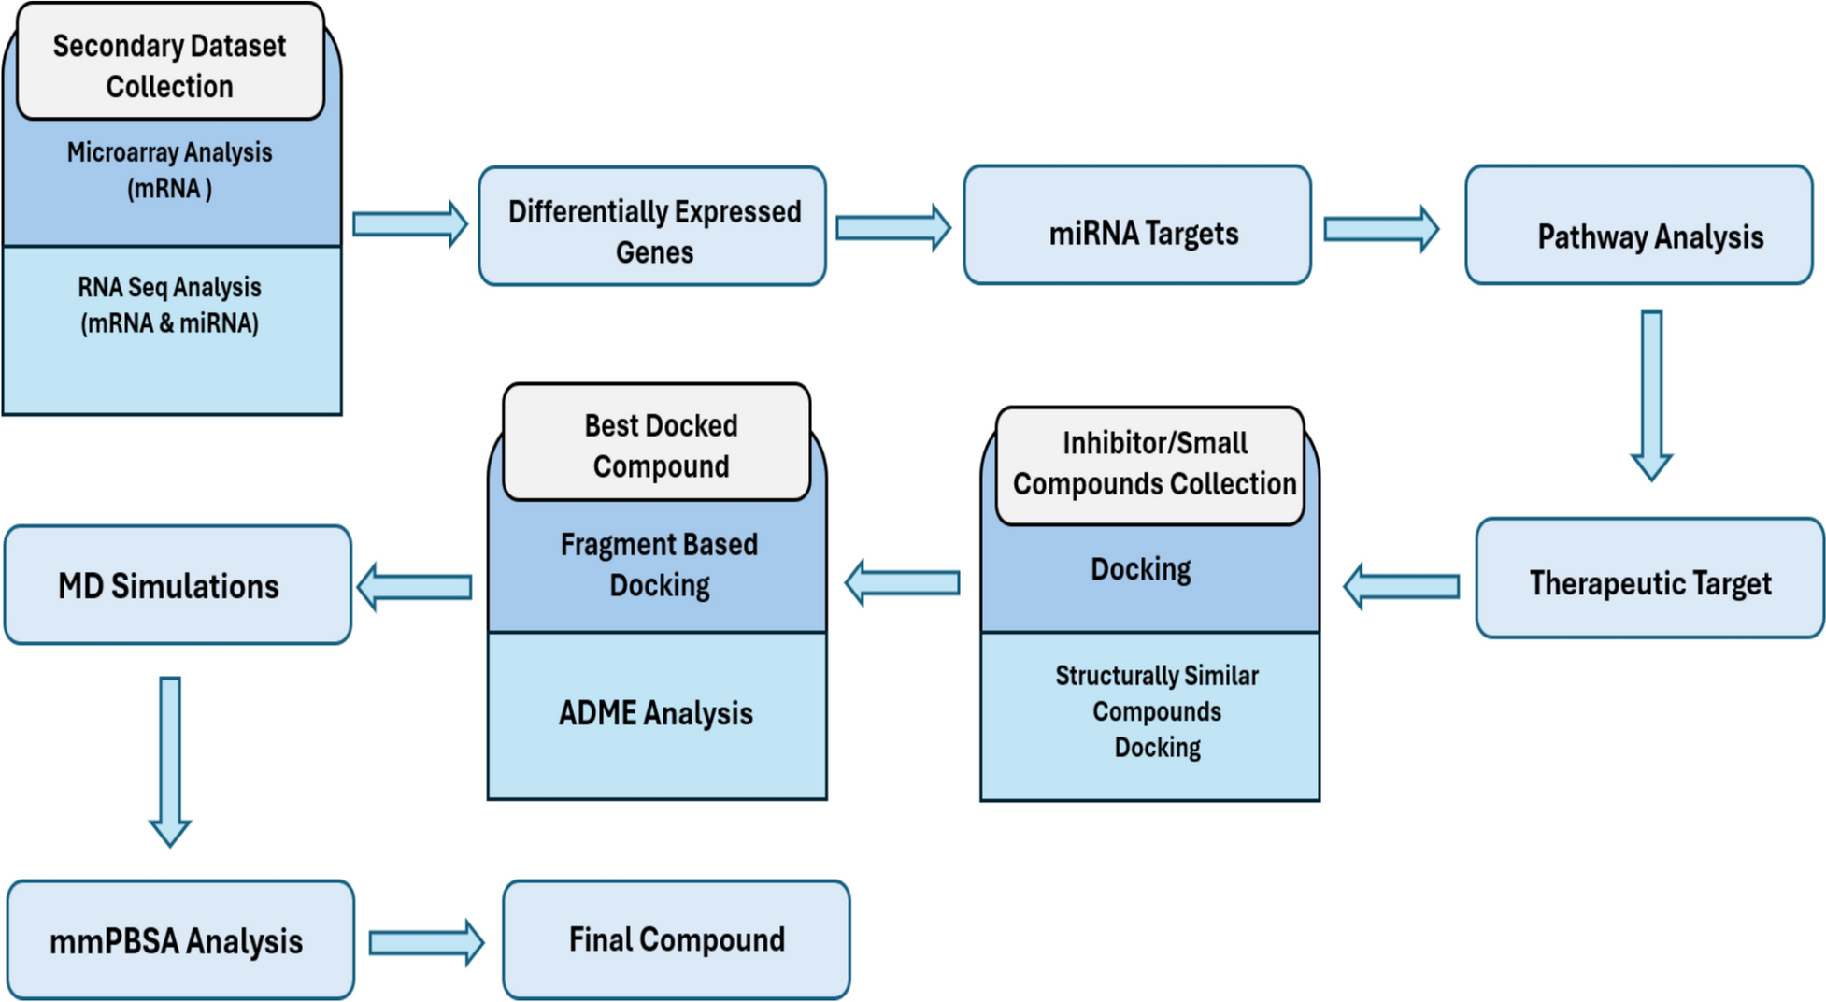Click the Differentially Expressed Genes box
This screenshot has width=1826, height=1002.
pyautogui.click(x=652, y=227)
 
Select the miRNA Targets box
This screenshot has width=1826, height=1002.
pyautogui.click(x=1137, y=226)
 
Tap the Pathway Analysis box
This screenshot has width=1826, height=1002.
pyautogui.click(x=1638, y=226)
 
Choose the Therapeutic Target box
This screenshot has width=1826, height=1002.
pyautogui.click(x=1649, y=579)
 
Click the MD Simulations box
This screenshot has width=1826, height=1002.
pyautogui.click(x=178, y=585)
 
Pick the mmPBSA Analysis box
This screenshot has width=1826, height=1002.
pyautogui.click(x=180, y=939)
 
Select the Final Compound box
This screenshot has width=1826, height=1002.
pyautogui.click(x=677, y=939)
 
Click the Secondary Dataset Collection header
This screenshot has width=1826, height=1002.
pyautogui.click(x=170, y=65)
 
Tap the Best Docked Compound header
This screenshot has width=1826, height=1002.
pyautogui.click(x=657, y=444)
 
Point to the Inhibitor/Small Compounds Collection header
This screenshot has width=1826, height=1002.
pyautogui.click(x=1151, y=465)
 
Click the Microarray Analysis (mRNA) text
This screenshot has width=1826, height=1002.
pyautogui.click(x=170, y=170)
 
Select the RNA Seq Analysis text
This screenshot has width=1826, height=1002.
pyautogui.click(x=170, y=305)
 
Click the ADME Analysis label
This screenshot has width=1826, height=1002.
pyautogui.click(x=656, y=713)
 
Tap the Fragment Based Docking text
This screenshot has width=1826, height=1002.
pyautogui.click(x=659, y=565)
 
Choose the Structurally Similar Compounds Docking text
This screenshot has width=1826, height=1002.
pyautogui.click(x=1157, y=711)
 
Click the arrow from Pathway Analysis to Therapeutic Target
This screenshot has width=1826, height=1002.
pyautogui.click(x=1651, y=393)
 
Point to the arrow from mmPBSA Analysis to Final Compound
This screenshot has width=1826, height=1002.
pyautogui.click(x=426, y=942)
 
